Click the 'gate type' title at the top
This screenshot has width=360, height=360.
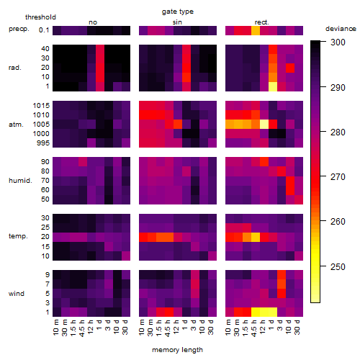point(178,12)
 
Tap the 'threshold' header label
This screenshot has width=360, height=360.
point(40,17)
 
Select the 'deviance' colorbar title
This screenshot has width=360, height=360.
point(341,29)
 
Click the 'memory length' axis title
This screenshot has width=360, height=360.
point(177,350)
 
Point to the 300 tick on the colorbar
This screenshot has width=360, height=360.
point(338,42)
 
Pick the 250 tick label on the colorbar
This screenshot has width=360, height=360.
point(338,267)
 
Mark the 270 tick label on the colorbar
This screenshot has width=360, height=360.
point(338,177)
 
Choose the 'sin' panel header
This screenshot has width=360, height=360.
point(177,22)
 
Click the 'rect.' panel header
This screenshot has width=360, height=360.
point(262,22)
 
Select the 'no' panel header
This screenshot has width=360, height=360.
point(93,22)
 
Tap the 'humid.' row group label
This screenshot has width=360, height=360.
point(20,181)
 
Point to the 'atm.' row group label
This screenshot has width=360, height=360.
point(16,125)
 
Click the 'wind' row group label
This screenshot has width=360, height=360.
point(17,294)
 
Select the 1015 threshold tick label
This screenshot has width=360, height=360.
point(41,106)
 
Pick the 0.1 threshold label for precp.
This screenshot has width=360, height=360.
point(44,30)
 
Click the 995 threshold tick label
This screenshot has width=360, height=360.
point(43,143)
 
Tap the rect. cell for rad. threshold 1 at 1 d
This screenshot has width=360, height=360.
point(273,86)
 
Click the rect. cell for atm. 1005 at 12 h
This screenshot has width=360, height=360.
point(264,125)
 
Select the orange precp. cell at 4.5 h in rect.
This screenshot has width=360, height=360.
point(256,30)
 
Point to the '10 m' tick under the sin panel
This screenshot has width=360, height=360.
point(143,327)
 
